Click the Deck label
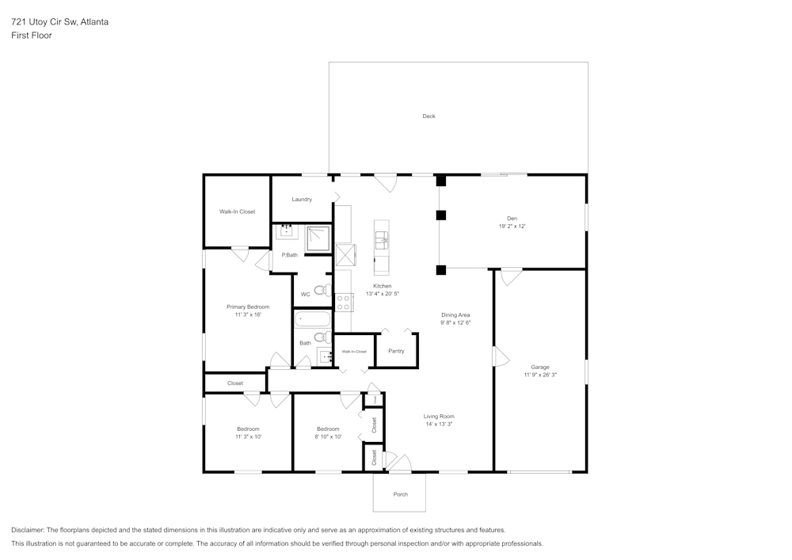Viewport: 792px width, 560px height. coord(428,116)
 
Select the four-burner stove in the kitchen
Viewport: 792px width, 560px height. coord(344,302)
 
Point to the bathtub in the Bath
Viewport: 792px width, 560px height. coord(312,319)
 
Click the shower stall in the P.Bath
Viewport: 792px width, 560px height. coord(318,238)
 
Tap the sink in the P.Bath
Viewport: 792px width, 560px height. coord(286,231)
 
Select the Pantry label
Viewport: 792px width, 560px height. coord(396,351)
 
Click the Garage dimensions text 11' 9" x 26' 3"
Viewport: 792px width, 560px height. coord(540,375)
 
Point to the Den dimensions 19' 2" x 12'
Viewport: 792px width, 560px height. coord(512,227)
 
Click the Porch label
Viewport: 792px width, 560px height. coord(401,494)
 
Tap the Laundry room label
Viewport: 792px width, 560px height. coord(302,200)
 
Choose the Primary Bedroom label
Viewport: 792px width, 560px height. coord(248,307)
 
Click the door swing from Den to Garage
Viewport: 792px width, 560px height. coord(511,276)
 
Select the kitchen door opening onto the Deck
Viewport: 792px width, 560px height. coord(386,183)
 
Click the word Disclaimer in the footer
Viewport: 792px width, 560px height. coord(28,530)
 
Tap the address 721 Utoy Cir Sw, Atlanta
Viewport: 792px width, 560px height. coord(60,22)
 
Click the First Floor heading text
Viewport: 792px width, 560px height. coord(32,36)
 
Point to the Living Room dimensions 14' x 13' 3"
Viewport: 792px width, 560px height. coord(439,424)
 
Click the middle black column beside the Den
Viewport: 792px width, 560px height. coord(441,215)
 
